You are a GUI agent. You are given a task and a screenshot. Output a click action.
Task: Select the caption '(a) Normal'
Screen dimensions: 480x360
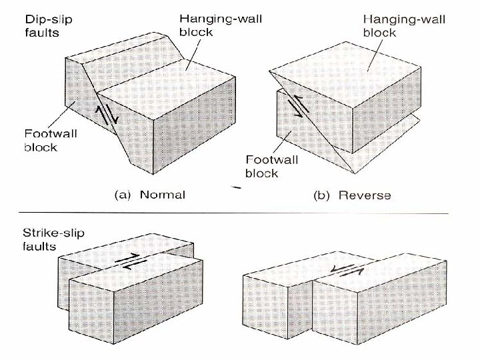coord(145,195)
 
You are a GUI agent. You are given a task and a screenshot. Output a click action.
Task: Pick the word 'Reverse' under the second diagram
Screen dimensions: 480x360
coord(364,195)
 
